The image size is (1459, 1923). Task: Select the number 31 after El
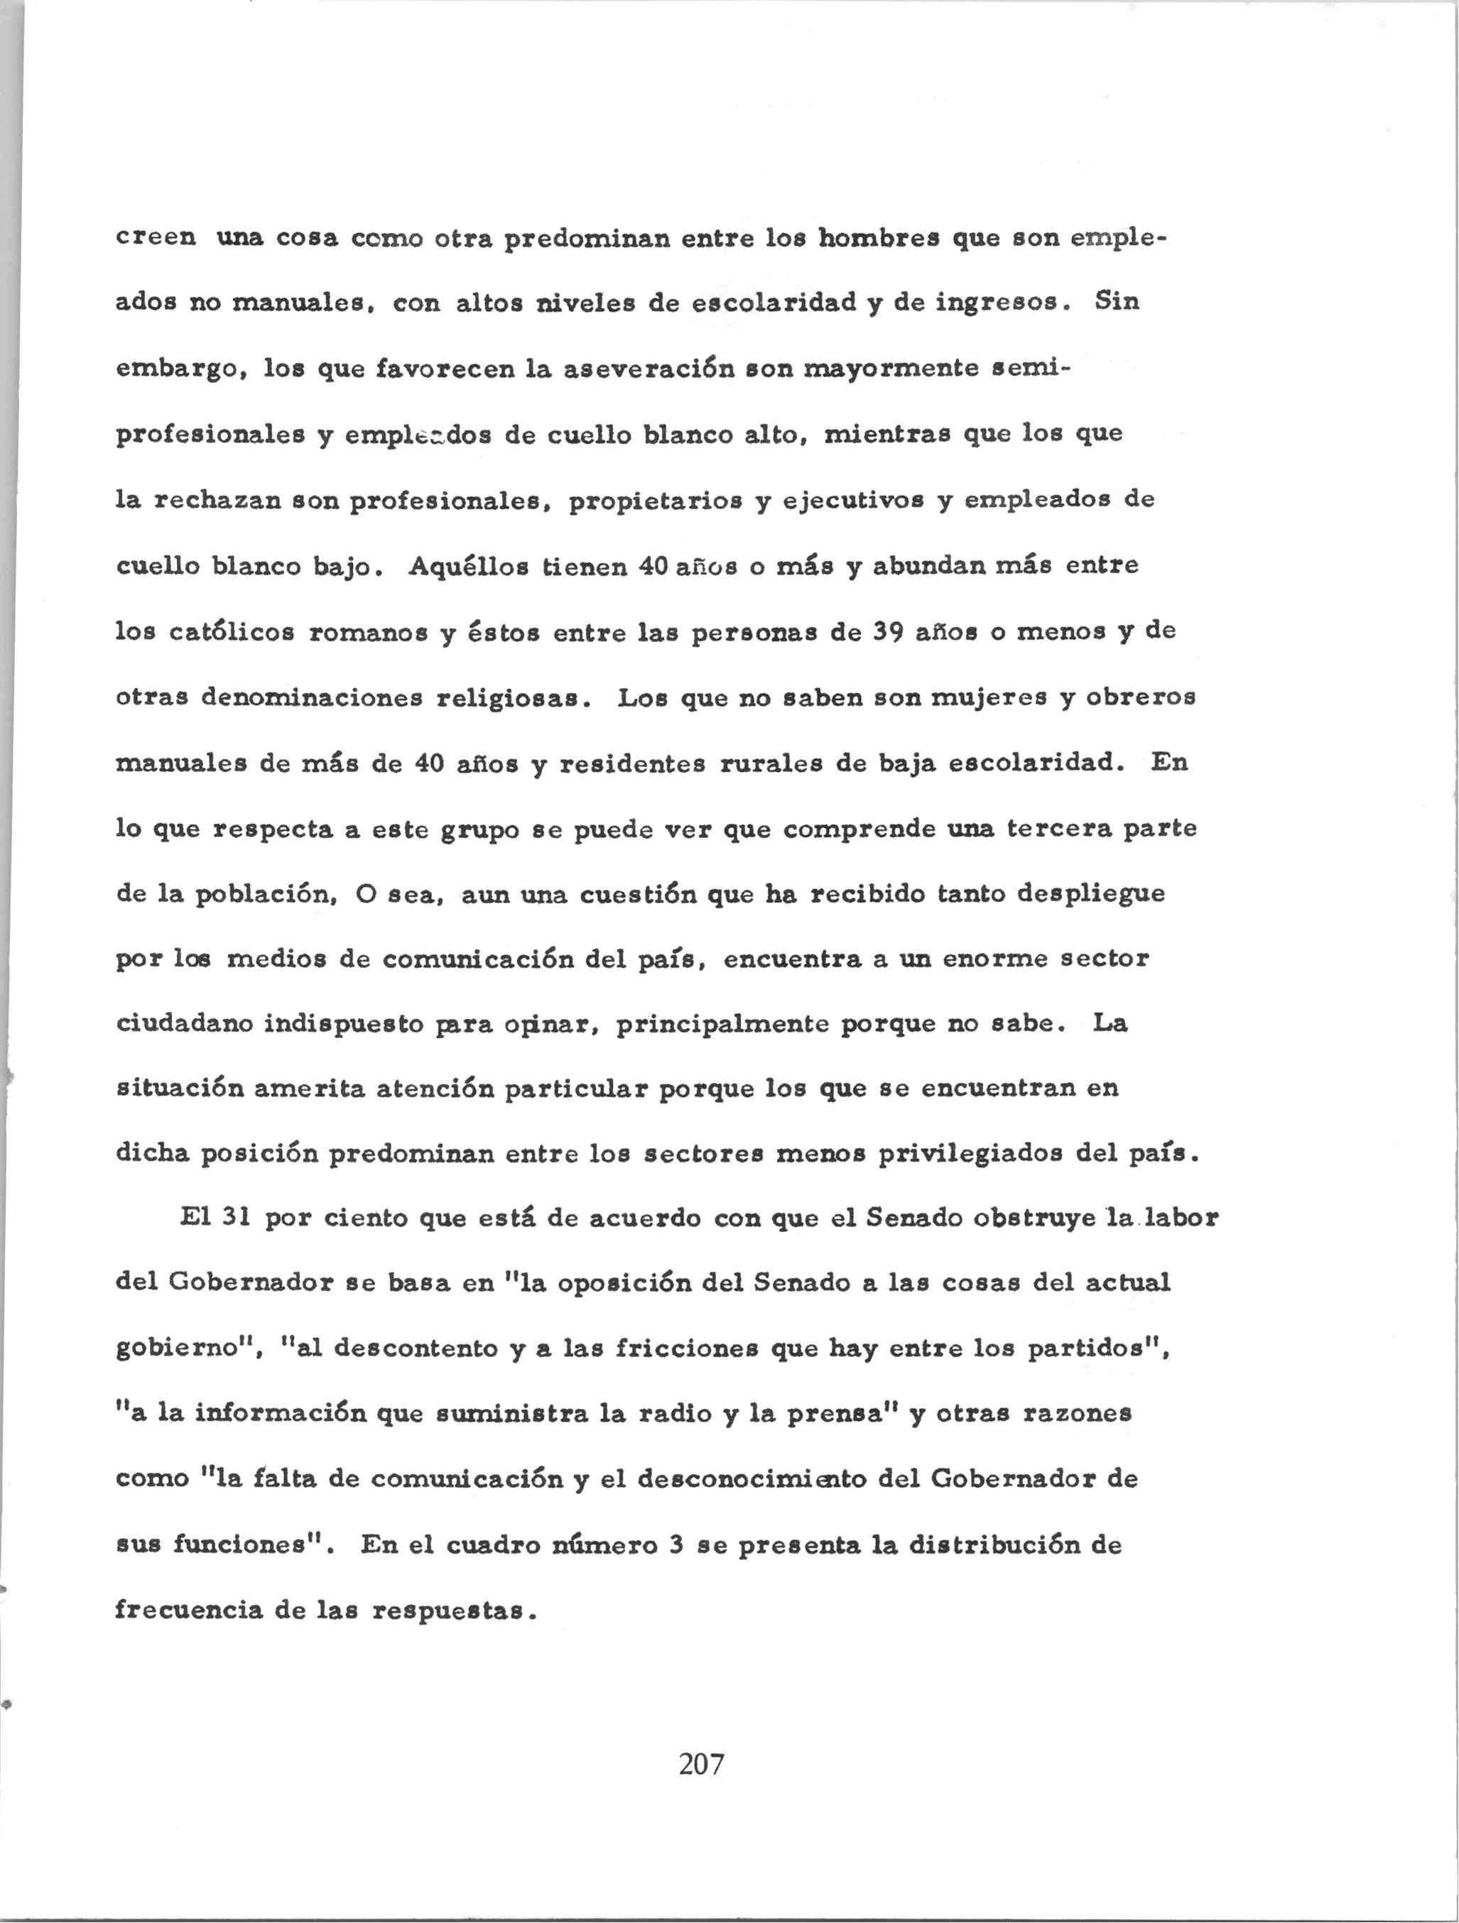click(x=232, y=1219)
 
